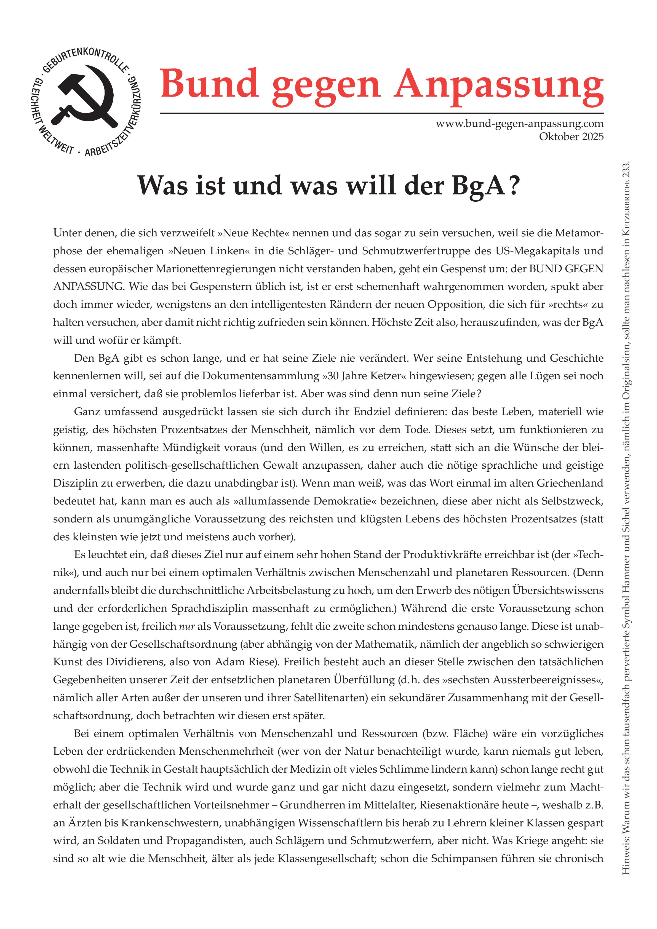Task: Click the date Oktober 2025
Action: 571,137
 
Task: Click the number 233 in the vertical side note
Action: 626,170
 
